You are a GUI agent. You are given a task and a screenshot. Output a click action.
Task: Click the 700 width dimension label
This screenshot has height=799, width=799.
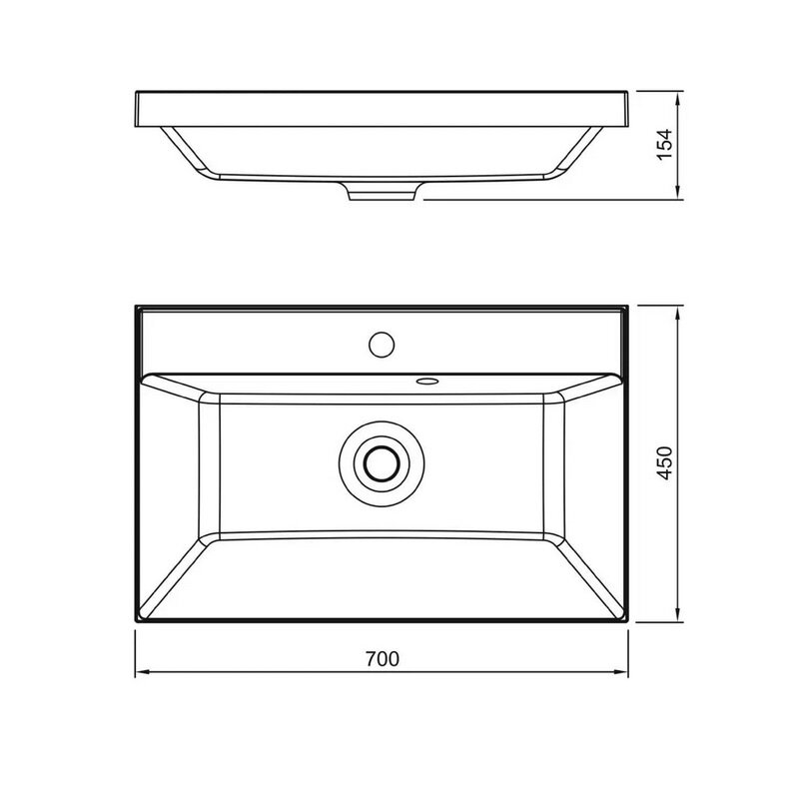383,659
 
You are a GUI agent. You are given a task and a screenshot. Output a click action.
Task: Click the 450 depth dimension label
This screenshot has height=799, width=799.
664,463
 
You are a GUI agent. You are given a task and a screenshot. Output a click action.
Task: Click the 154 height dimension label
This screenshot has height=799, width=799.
664,145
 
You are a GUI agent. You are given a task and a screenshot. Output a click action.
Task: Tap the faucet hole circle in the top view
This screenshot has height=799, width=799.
382,344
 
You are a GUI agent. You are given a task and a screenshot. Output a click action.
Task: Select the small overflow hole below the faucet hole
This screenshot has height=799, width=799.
426,381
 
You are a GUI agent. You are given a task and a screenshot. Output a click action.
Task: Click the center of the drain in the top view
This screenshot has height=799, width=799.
382,463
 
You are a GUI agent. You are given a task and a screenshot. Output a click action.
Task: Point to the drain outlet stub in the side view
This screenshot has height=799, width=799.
383,192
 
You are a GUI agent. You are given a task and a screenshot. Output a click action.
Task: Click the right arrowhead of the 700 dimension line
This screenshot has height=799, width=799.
621,672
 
